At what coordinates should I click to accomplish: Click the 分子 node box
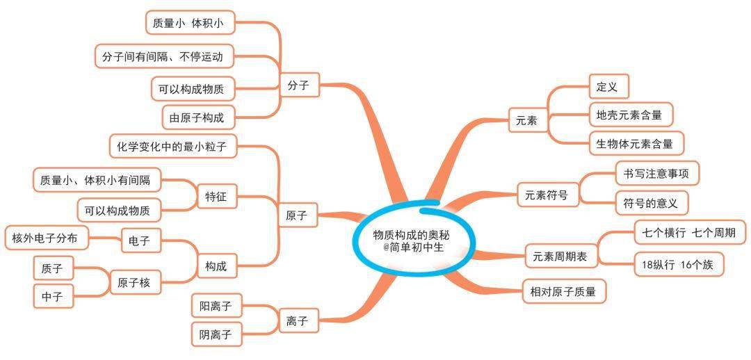coord(300,85)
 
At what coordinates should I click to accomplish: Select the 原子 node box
coord(299,215)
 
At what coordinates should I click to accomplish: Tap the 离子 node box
coord(299,320)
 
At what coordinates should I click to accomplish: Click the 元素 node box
coord(528,121)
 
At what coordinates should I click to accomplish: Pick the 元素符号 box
coord(549,195)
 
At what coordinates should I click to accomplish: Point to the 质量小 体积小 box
coord(190,22)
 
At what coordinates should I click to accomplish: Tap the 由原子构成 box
coord(200,117)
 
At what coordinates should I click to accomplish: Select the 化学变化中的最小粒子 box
coord(175,146)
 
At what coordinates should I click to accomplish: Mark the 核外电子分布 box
coord(47,238)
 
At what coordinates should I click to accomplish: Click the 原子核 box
coord(134,282)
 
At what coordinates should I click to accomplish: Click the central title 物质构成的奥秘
coord(412,235)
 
